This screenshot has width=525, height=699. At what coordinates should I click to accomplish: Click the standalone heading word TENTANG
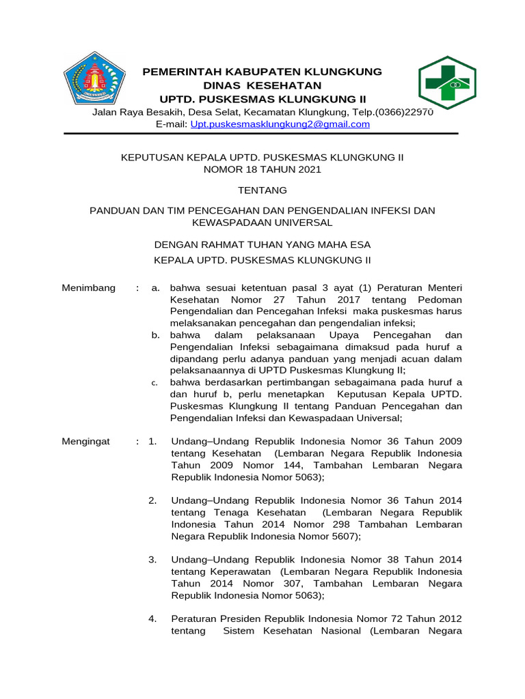[262, 190]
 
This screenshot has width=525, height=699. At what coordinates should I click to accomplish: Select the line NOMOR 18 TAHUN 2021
[262, 169]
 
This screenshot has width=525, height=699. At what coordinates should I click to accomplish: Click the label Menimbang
[89, 287]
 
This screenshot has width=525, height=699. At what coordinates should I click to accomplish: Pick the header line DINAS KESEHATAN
[262, 85]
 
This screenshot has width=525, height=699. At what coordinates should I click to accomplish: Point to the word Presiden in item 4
[239, 618]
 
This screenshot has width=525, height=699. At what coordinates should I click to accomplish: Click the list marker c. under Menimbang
[155, 383]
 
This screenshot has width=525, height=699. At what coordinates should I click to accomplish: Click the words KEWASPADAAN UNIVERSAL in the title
[262, 223]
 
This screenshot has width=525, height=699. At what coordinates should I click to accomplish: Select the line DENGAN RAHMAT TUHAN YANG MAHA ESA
[262, 244]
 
